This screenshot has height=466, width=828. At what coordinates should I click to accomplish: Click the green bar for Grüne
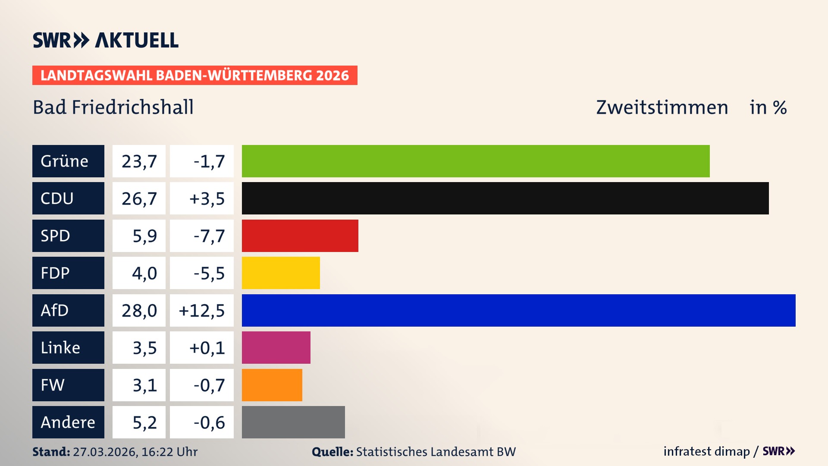(475, 161)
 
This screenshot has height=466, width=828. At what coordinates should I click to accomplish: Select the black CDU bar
(505, 198)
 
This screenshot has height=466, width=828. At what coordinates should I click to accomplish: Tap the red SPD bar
(300, 236)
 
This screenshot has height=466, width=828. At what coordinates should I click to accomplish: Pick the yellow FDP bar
(281, 273)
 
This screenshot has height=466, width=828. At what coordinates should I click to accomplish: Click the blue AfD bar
(518, 310)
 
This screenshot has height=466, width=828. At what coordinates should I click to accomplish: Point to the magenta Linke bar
(276, 348)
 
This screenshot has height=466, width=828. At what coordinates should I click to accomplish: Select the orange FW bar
(272, 385)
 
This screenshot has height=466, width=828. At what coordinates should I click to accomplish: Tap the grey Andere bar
(293, 422)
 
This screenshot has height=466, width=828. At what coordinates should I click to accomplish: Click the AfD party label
(68, 310)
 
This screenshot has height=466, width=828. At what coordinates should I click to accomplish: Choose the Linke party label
(68, 348)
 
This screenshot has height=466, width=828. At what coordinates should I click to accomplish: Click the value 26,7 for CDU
(139, 198)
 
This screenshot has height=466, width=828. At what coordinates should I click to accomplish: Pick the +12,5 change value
(202, 310)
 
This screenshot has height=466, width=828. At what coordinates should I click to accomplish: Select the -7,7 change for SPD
(209, 236)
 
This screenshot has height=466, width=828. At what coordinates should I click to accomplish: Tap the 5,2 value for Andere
(144, 422)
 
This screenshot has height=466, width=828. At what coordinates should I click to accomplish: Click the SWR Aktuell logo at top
(105, 40)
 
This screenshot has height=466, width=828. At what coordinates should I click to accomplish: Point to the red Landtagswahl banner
(194, 75)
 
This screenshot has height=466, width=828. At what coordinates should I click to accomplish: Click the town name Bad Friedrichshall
(113, 107)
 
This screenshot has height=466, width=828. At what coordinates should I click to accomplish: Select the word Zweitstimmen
(662, 107)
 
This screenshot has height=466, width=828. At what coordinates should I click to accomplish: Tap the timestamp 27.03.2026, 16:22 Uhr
(135, 452)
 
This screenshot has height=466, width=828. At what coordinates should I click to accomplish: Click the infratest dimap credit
(706, 451)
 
